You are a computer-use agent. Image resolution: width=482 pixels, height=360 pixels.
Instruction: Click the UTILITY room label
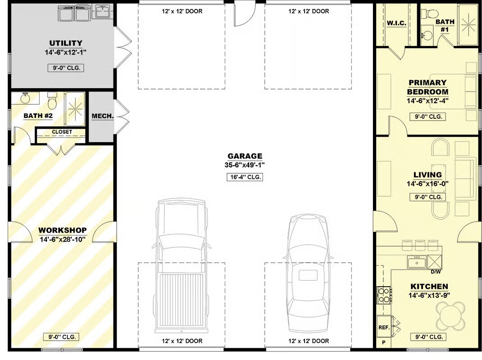(66, 43)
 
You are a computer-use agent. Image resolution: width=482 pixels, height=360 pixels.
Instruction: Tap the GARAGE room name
(245, 156)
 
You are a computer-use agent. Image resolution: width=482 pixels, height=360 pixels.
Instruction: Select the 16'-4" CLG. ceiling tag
(245, 177)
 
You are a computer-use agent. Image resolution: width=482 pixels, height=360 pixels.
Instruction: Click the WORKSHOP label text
(63, 230)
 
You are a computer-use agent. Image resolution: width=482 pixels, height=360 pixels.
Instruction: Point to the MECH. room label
(103, 117)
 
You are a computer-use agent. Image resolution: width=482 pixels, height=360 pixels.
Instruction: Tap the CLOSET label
(62, 132)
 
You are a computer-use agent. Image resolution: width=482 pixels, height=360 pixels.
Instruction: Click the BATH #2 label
(38, 116)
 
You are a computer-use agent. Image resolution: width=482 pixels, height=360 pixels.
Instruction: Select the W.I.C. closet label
(396, 23)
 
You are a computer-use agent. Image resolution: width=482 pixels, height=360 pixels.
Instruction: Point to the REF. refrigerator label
(384, 328)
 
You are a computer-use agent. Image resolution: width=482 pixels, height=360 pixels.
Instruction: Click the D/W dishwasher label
(436, 272)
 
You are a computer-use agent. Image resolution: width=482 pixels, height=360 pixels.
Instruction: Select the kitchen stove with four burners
(384, 295)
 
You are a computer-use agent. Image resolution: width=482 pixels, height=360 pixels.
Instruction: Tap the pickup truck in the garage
(182, 265)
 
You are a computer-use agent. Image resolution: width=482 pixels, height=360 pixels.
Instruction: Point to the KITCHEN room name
(429, 287)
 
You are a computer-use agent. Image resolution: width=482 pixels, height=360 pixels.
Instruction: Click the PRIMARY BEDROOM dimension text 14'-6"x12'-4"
(427, 100)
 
